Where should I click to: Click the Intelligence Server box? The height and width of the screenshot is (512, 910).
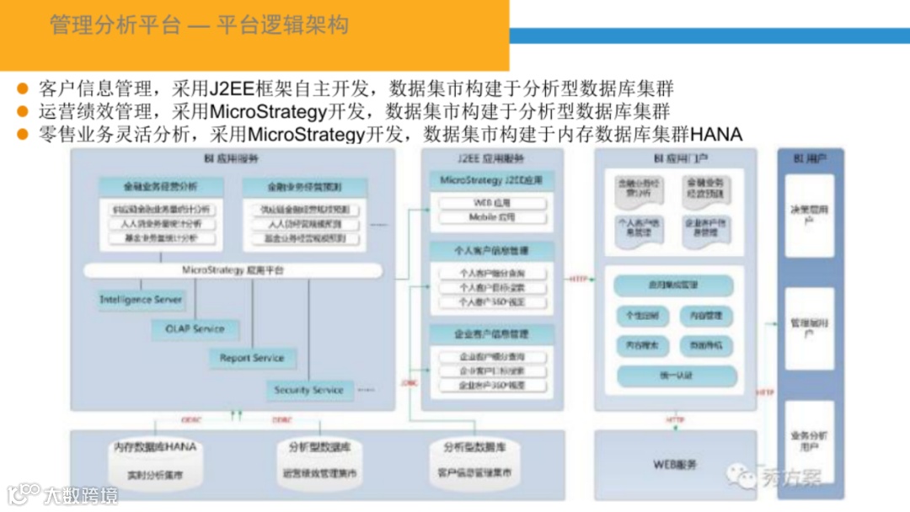point(141,300)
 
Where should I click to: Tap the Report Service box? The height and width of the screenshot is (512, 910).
point(252,358)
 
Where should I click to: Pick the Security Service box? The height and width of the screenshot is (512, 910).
point(308,390)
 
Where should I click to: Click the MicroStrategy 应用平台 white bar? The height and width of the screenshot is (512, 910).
point(233,270)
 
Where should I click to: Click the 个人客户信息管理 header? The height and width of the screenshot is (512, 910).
point(492,251)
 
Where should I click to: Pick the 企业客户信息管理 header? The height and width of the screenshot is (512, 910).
point(492,334)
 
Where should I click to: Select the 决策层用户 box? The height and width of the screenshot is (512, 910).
point(809,216)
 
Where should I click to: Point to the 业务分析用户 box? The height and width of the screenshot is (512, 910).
point(809,442)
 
